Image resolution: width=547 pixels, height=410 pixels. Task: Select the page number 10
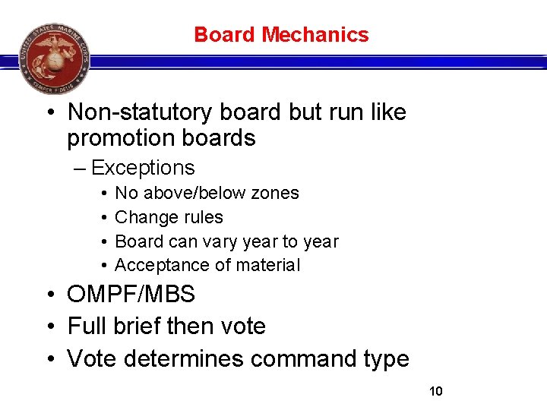pos(435,391)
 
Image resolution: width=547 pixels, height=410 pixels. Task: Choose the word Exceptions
pos(143,168)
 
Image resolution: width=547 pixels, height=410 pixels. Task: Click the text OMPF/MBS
pos(131,294)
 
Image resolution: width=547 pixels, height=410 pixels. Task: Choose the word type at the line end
pos(384,360)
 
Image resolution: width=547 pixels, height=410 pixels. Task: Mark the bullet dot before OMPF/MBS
pos(48,295)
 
